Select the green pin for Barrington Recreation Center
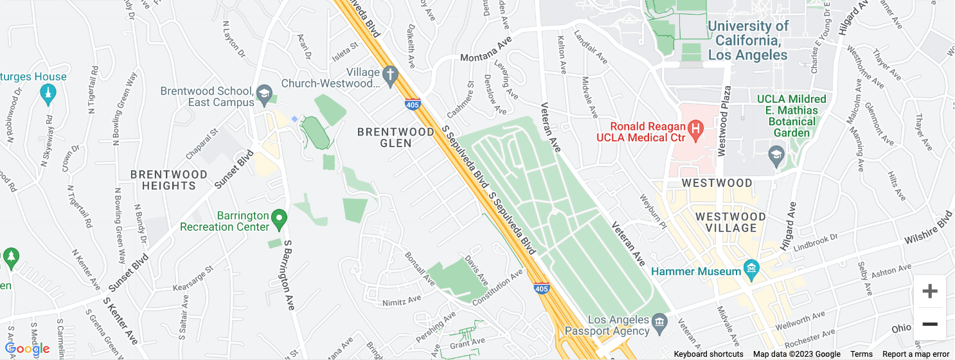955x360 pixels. click(278, 220)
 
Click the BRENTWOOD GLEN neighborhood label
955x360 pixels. click(396, 138)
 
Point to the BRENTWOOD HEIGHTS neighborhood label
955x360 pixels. click(169, 180)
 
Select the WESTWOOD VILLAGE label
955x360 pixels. click(731, 222)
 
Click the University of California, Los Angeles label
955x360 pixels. click(747, 40)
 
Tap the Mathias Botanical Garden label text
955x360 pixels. click(792, 116)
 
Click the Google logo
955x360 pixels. click(28, 348)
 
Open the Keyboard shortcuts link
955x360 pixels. click(708, 354)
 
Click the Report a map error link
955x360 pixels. click(915, 354)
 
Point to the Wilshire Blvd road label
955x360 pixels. click(928, 229)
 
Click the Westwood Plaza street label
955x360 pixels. click(722, 120)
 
